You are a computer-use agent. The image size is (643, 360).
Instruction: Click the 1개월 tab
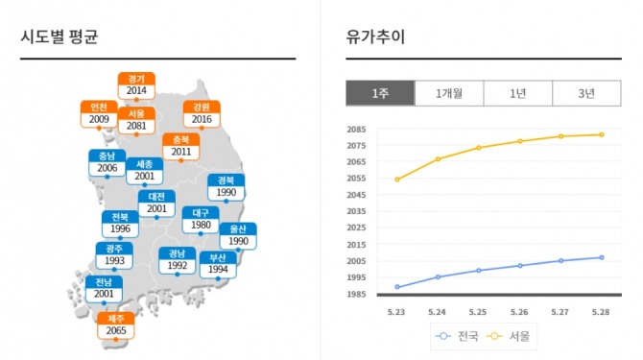pos(449,93)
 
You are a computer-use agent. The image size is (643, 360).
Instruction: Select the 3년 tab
pos(586,93)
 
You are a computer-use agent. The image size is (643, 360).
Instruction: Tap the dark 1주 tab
pos(380,93)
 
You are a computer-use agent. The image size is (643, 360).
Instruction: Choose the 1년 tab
pos(518,93)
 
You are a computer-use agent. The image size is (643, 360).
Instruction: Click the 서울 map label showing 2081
pos(136,121)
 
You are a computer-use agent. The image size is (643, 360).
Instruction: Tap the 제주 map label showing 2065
pos(116,325)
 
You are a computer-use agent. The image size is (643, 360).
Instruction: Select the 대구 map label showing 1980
pos(201,220)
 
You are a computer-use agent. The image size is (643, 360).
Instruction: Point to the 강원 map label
pos(202,114)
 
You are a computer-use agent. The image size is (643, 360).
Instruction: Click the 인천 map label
pos(99,114)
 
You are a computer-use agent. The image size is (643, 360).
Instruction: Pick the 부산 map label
pos(218,264)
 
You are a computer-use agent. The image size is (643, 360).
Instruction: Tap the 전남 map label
pos(104,289)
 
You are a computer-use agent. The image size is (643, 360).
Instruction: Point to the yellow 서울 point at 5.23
pos(397,180)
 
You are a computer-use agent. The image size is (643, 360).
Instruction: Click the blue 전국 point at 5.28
pos(602,257)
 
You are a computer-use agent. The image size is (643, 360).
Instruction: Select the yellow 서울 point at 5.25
pos(479,148)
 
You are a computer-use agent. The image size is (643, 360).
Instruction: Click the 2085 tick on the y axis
pos(356,130)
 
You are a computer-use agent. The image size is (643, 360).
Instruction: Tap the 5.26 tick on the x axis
pos(519,312)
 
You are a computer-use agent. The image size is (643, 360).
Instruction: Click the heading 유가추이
pos(375,36)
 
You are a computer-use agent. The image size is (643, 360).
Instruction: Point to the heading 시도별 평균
pos(60,36)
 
